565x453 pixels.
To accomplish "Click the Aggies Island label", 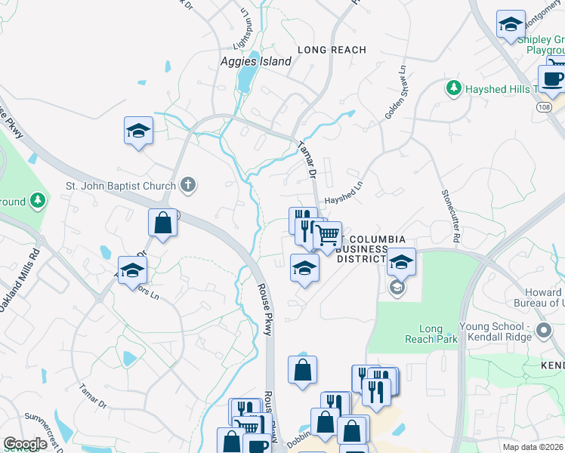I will tap(255, 62).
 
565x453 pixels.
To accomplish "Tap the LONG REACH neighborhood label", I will tap(332, 50).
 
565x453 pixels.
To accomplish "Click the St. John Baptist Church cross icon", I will tap(188, 184).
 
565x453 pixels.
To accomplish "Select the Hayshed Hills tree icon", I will tap(454, 88).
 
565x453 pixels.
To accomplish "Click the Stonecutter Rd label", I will tap(452, 212).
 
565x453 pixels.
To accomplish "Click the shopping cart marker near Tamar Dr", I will tap(327, 236).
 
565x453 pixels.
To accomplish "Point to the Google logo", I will tap(25, 444).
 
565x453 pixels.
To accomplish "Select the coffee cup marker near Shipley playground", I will tap(552, 79).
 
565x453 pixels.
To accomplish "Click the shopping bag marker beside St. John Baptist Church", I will tap(162, 223).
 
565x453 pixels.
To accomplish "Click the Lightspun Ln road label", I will tap(243, 23).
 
